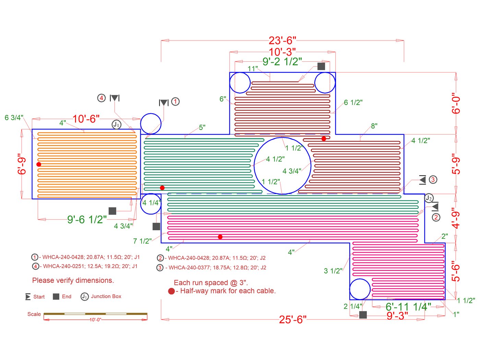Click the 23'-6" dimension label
[x=282, y=40]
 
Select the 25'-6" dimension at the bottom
[x=292, y=320]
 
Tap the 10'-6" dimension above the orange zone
[x=86, y=119]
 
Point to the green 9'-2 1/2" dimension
[x=282, y=61]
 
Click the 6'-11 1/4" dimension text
[x=408, y=306]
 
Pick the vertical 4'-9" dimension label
[x=456, y=218]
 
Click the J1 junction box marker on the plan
[x=117, y=125]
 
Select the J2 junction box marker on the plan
[x=429, y=198]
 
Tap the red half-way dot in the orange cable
[x=39, y=164]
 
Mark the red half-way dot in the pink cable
[x=220, y=237]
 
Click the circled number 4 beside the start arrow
[x=101, y=98]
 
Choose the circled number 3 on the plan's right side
[x=433, y=180]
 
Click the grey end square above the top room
[x=321, y=66]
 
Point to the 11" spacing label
[x=253, y=69]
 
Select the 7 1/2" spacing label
[x=142, y=241]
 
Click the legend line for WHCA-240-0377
[x=212, y=268]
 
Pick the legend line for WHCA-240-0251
[x=85, y=266]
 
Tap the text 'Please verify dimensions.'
[x=73, y=280]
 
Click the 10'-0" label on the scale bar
[x=96, y=320]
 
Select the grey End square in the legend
[x=56, y=297]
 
